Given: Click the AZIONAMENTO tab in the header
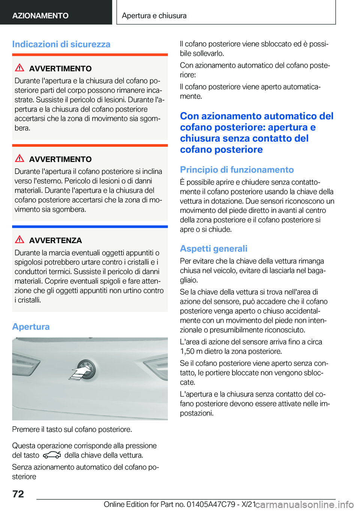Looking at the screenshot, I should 40,16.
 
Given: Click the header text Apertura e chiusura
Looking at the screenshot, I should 154,16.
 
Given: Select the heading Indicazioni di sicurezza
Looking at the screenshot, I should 61,44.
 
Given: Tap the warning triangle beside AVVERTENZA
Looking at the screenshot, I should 19,239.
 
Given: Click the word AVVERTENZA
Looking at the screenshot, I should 55,240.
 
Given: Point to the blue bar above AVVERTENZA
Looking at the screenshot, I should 90,227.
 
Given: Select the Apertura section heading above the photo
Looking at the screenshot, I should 31,327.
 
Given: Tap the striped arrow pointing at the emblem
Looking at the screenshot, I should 79,374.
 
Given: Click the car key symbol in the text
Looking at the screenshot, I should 52,455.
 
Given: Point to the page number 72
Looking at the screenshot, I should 18,494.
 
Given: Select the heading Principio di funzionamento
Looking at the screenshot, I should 237,170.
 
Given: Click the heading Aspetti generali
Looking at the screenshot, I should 213,249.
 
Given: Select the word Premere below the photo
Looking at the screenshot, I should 25,430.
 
